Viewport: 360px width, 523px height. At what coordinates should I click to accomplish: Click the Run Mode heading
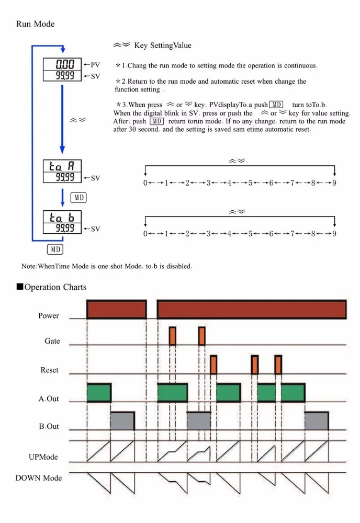tap(35, 24)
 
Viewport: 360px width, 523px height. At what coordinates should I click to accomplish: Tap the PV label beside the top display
tap(95, 65)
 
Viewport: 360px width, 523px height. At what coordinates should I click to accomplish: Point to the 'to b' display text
tap(62, 217)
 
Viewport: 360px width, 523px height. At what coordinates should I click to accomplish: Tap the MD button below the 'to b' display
tap(55, 249)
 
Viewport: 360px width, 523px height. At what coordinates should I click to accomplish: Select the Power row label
tap(49, 316)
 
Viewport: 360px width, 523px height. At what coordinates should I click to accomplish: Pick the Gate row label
tap(52, 341)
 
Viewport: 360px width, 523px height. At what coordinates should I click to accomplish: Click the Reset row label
tap(50, 370)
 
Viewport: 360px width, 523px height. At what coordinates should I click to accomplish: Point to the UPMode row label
tap(43, 457)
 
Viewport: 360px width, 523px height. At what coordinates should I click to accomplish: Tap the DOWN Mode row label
tap(39, 477)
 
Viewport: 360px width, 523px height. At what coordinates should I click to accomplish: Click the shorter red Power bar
tap(116, 309)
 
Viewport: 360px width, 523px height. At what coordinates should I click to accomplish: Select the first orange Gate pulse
tap(172, 336)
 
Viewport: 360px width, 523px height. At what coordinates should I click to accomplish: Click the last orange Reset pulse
tap(278, 365)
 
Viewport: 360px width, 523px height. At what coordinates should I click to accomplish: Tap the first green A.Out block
tap(99, 392)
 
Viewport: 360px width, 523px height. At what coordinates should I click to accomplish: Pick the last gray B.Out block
tap(317, 420)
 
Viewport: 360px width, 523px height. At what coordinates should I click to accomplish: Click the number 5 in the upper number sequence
tap(250, 183)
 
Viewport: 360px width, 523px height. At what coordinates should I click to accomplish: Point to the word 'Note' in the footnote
tap(28, 266)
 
